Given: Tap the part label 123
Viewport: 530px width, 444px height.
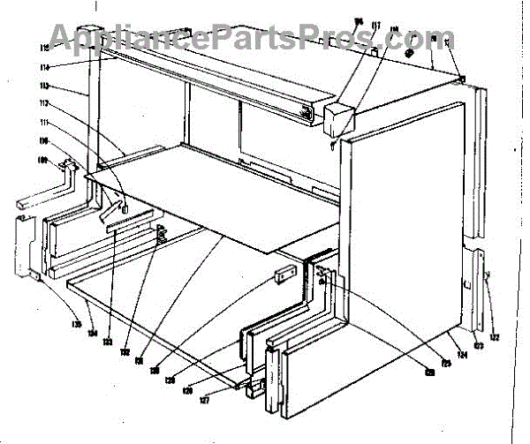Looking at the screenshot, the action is [x=479, y=347].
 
